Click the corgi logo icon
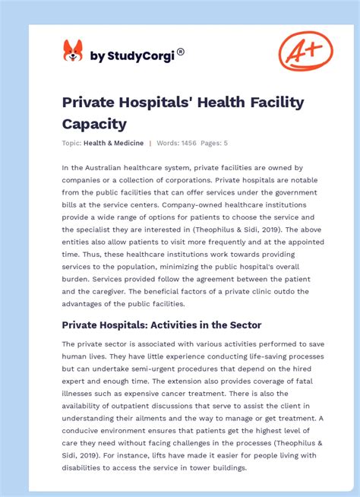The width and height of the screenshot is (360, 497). click(72, 52)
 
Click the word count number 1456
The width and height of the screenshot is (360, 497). click(187, 143)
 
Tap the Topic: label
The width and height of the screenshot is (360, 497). click(72, 143)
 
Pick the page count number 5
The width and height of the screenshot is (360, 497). click(226, 143)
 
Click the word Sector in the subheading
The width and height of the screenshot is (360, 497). click(243, 324)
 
